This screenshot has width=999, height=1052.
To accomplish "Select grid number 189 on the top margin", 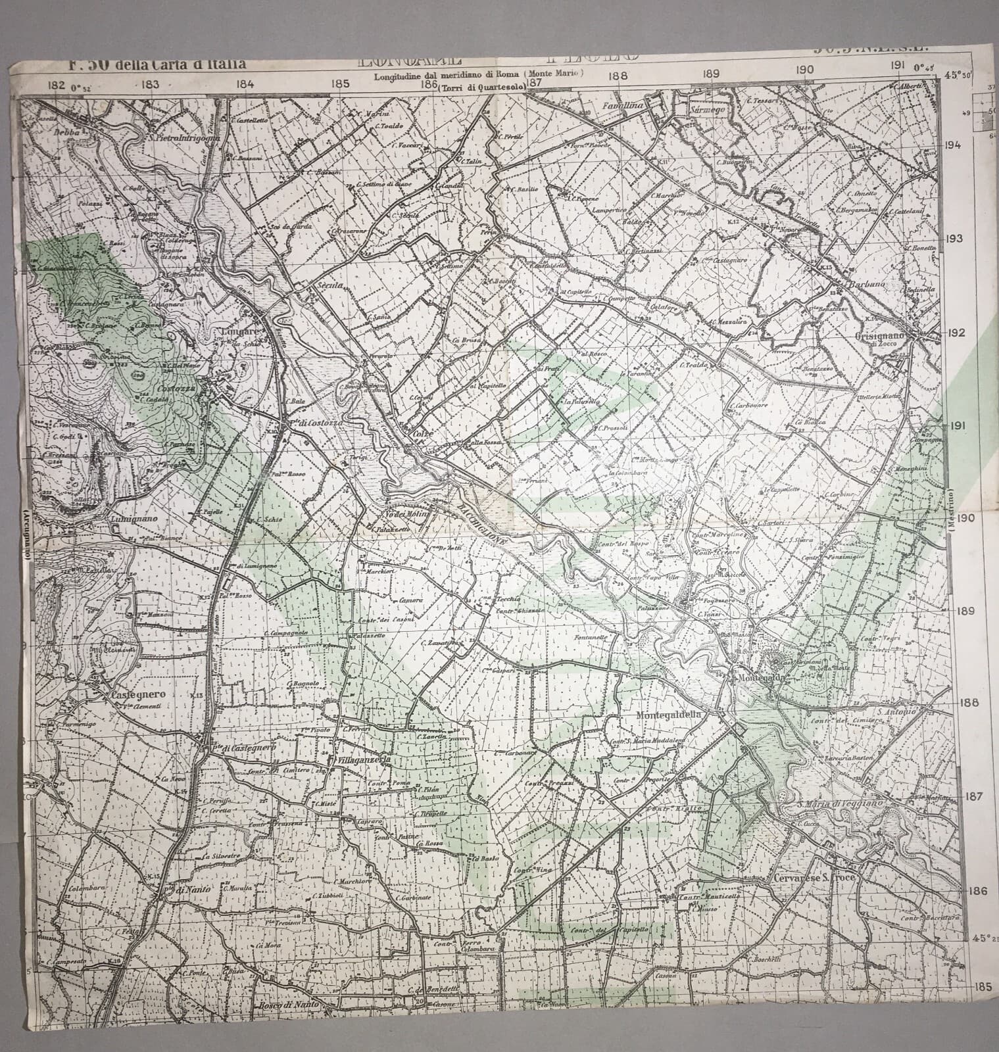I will coord(710,75).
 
